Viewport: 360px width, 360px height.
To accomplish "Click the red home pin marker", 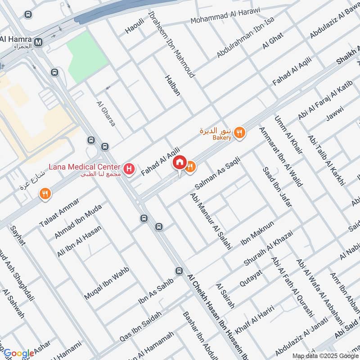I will [x=180, y=162].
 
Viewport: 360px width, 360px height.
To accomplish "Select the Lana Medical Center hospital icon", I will [x=130, y=170].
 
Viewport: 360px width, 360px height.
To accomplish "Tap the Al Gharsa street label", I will [x=106, y=113].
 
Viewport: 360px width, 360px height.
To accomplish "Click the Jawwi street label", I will [x=335, y=114].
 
